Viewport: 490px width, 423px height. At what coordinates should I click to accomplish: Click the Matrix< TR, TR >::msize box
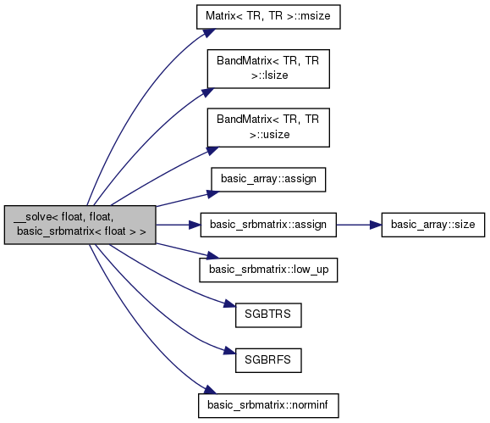point(268,17)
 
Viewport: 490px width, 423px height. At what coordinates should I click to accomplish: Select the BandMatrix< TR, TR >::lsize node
point(268,69)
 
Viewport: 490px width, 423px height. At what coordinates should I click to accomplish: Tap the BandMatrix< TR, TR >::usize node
point(268,127)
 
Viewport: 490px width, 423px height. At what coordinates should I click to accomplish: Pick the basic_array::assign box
point(268,180)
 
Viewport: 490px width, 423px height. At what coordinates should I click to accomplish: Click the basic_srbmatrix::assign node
point(268,225)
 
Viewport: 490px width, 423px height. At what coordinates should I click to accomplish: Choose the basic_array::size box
point(432,225)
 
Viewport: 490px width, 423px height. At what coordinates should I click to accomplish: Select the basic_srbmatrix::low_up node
point(268,270)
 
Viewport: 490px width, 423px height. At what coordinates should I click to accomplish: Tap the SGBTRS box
point(268,315)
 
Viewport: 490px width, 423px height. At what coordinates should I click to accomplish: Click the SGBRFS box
point(268,360)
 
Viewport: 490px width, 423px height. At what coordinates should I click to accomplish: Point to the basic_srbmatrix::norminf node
point(268,405)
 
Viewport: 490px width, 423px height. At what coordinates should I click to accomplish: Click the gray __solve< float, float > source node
point(80,225)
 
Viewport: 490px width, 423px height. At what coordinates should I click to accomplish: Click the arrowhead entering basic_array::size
point(376,225)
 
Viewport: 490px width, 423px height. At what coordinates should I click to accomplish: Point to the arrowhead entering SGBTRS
point(229,304)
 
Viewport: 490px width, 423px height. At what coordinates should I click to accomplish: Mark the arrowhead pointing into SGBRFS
point(229,352)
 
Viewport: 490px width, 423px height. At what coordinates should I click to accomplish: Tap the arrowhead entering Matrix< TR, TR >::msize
point(209,32)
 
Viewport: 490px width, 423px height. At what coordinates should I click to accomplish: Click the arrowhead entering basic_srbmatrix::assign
point(195,225)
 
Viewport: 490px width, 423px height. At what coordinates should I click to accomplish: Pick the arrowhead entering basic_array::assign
point(213,194)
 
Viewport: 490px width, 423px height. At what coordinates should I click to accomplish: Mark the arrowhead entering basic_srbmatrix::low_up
point(213,256)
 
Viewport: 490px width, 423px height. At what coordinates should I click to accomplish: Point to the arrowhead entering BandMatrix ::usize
point(212,151)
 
